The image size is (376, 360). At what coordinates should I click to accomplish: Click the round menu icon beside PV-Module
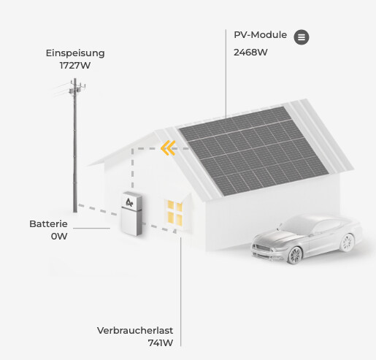[x=302, y=37]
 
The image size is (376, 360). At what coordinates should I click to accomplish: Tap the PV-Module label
[x=260, y=35]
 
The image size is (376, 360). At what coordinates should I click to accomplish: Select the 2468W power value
[x=250, y=53]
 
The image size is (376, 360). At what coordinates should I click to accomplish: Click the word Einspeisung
[x=75, y=53]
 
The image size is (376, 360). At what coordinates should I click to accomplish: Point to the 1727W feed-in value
[x=75, y=66]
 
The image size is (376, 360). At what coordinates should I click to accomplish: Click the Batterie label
[x=48, y=224]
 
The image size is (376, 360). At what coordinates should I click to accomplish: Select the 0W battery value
[x=59, y=237]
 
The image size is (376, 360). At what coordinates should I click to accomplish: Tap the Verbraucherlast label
[x=135, y=331]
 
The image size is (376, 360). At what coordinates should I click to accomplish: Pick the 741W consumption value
[x=161, y=343]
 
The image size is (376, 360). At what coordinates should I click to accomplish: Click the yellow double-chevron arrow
[x=168, y=148]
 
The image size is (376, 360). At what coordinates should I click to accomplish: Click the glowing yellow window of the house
[x=175, y=213]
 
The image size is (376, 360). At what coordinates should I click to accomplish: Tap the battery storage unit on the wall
[x=131, y=214]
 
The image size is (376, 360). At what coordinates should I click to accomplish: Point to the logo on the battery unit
[x=129, y=202]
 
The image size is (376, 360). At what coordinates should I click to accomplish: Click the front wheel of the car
[x=295, y=256]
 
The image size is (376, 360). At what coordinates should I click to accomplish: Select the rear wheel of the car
[x=348, y=242]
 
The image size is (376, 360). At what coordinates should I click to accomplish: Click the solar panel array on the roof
[x=253, y=151]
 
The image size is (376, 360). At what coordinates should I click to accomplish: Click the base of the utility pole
[x=75, y=210]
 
